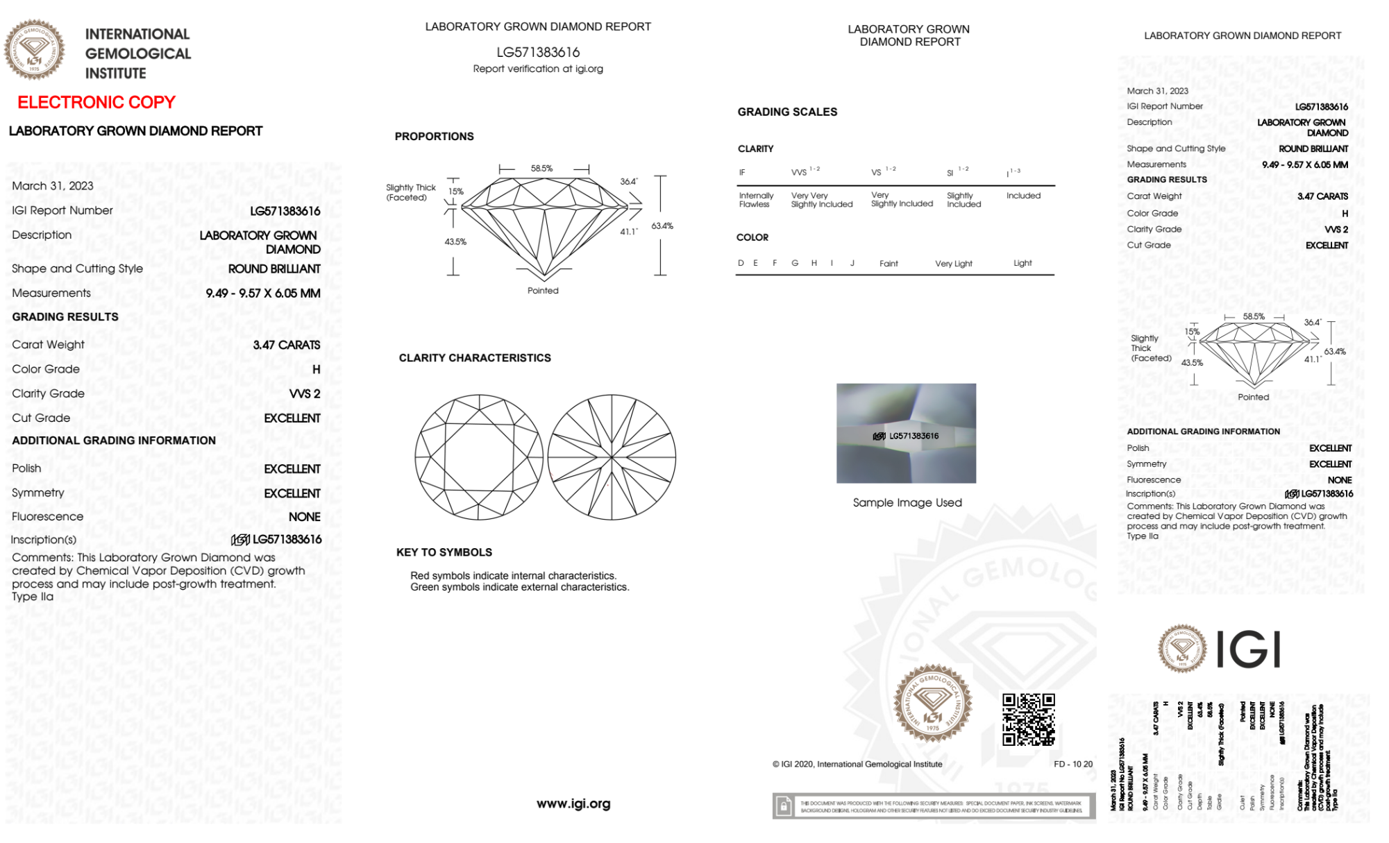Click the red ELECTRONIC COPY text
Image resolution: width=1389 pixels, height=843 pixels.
96,103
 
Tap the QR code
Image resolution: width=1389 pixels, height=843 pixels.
1028,719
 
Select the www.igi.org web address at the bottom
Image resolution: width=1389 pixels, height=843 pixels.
573,803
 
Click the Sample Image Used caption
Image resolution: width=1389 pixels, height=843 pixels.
907,502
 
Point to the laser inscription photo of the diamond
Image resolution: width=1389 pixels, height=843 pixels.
906,433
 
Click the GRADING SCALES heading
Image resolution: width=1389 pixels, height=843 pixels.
787,112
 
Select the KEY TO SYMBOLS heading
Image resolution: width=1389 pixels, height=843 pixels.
444,552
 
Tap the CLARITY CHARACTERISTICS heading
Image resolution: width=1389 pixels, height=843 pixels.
475,358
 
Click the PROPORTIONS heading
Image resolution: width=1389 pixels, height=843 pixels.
435,137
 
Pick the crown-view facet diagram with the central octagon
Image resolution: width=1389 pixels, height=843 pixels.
478,457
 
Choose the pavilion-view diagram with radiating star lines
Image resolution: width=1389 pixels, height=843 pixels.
612,457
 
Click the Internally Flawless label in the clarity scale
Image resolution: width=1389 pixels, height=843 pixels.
756,200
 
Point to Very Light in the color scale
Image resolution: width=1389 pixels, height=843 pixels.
953,264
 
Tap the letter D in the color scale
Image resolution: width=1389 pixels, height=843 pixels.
741,263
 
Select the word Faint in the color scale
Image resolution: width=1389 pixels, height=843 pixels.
889,264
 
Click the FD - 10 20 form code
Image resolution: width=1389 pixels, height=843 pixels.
1072,764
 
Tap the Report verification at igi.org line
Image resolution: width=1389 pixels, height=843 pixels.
538,69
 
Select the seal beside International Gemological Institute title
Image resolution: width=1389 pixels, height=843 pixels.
35,49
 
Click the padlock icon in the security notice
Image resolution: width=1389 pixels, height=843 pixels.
784,806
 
